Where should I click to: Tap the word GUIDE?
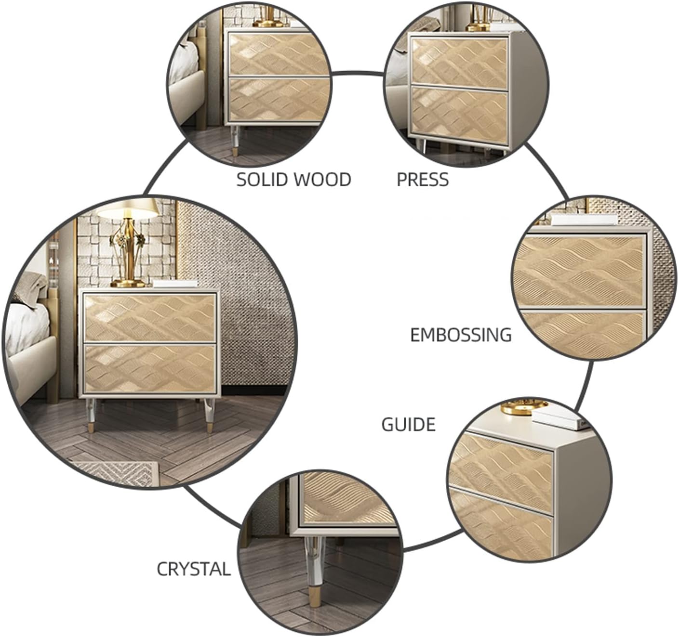408,425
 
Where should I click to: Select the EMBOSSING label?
461,335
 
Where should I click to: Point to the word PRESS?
422,180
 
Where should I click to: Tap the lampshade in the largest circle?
127,208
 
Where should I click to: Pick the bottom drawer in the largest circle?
150,369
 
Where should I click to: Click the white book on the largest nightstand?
175,284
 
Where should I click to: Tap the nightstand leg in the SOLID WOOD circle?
235,141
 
